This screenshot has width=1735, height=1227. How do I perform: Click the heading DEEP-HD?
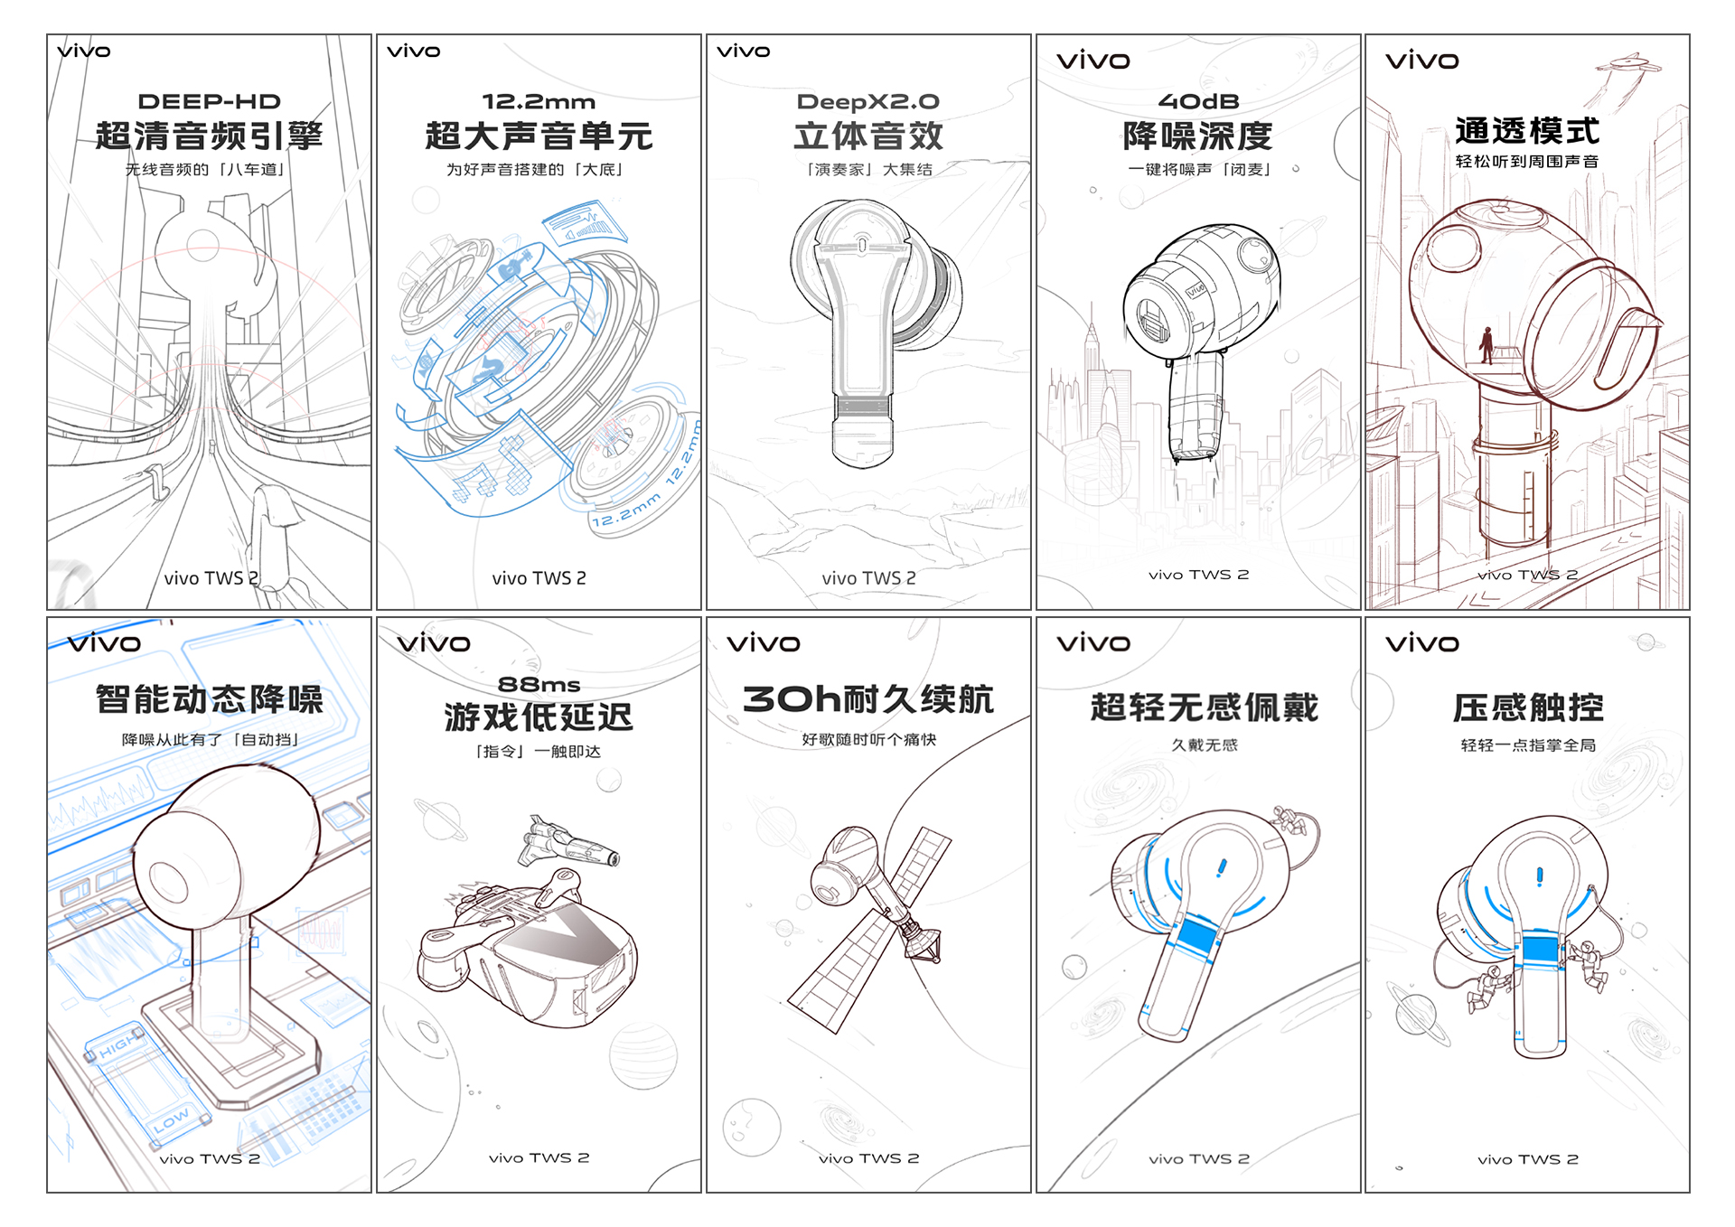pos(209,101)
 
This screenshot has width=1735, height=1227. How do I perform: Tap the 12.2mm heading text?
pos(539,101)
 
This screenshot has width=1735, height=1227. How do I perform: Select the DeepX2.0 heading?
pos(867,101)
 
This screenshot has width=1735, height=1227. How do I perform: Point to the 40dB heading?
pos(1198,101)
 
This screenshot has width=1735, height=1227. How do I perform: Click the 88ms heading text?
pos(539,684)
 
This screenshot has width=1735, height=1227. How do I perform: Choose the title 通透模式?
pos(1527,131)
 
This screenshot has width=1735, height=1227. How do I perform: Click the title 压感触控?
pos(1528,707)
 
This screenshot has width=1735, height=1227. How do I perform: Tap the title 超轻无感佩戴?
pos(1204,707)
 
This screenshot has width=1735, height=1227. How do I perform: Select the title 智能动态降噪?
pos(209,699)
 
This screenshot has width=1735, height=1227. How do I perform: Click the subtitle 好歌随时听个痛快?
pos(868,740)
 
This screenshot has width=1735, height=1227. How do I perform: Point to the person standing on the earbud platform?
pos(1486,344)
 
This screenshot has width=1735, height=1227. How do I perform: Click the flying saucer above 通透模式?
pos(1628,64)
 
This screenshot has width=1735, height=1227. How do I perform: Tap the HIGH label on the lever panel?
pos(119,1047)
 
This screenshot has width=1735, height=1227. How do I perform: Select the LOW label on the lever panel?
pos(172,1120)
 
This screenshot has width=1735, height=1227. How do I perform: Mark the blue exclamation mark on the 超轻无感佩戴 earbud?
pos(1222,867)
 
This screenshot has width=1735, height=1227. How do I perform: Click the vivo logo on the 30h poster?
pos(764,643)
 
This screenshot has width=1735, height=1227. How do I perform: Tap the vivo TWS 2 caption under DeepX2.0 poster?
pos(868,578)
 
